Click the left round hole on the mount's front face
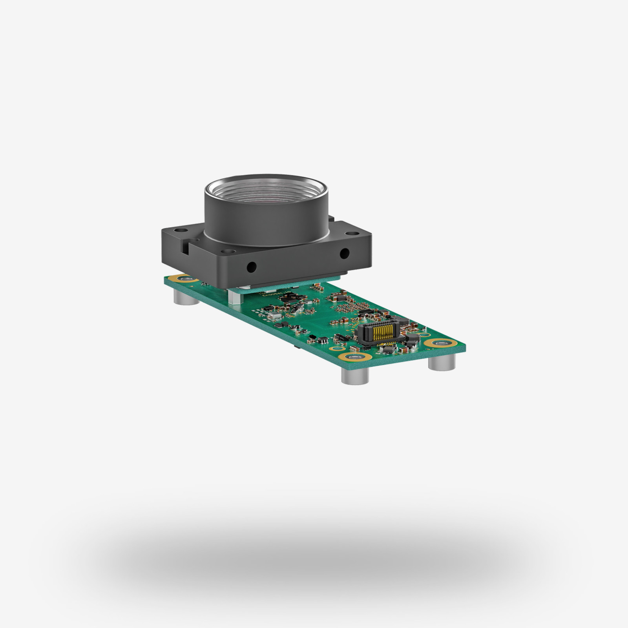point(250,267)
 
